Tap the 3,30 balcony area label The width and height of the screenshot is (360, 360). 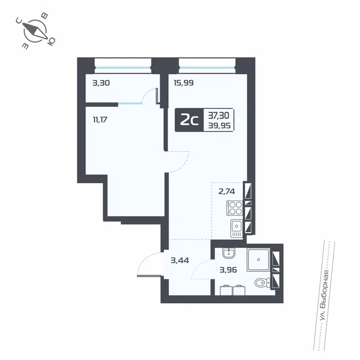101,83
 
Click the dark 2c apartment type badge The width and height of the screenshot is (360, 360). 189,120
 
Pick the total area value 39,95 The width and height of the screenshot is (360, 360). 219,126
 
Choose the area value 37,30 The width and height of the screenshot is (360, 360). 219,115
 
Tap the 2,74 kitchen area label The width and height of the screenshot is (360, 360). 227,191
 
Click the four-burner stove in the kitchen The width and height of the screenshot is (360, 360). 234,208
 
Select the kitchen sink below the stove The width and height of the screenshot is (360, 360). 236,228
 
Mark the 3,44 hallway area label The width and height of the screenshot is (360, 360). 179,260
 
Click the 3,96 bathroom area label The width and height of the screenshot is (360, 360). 229,270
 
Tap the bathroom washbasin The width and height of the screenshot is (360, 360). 229,254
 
